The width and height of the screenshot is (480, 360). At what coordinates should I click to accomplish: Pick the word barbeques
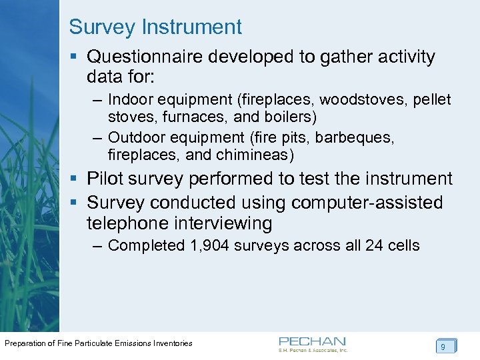point(355,137)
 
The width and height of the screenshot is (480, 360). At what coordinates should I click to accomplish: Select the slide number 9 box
point(443,347)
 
